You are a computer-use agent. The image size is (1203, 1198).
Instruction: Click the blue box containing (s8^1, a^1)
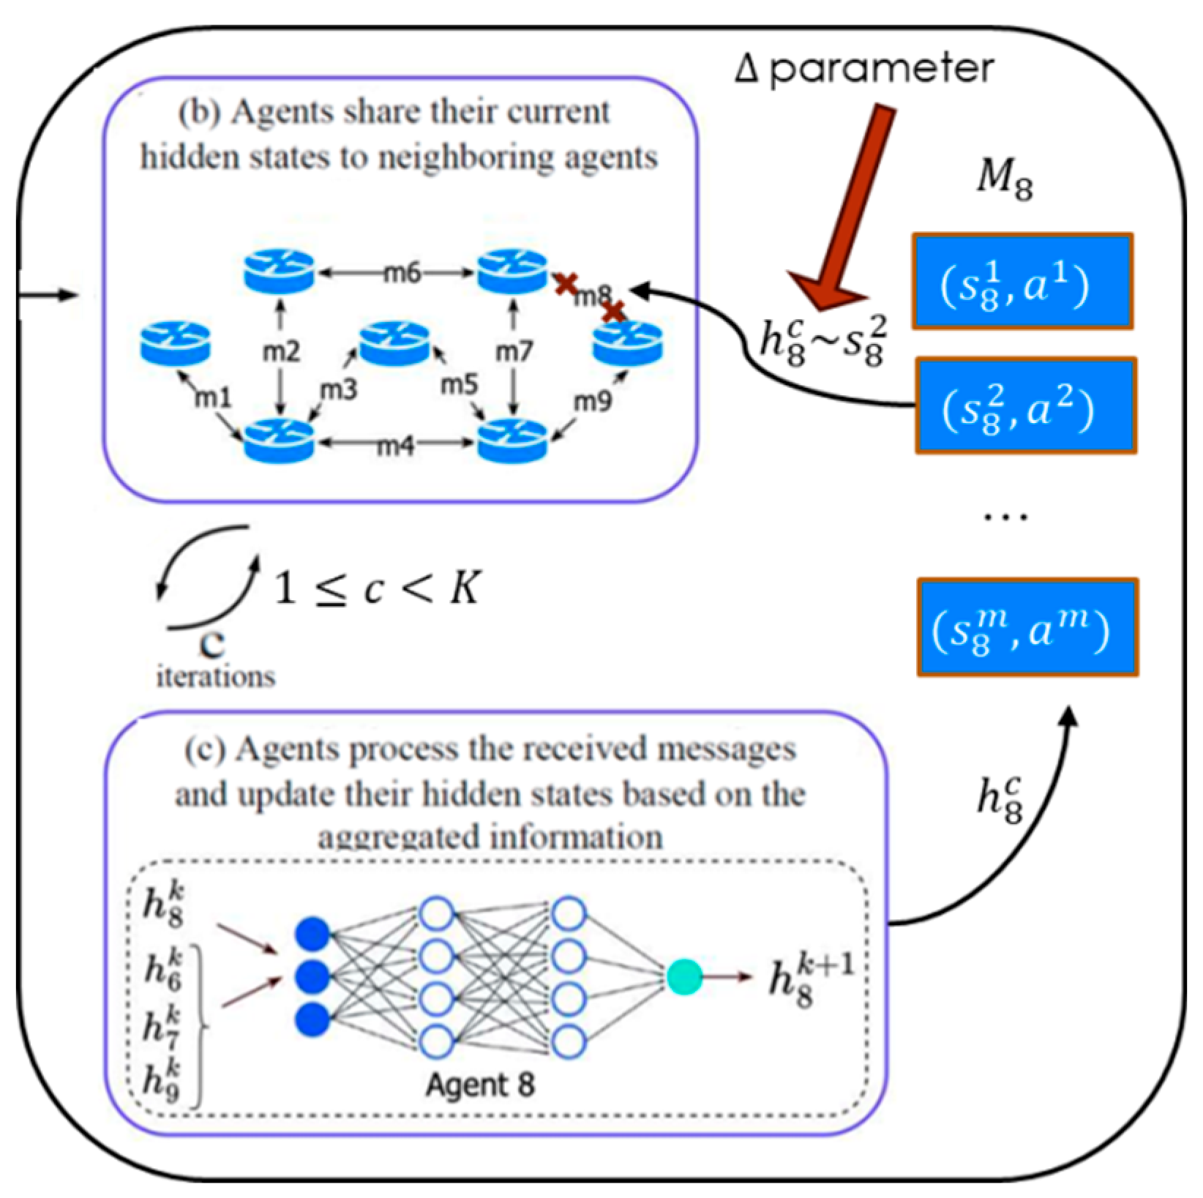1022,281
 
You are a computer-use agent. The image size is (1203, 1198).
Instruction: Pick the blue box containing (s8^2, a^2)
1025,406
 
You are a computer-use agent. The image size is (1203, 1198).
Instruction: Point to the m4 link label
395,445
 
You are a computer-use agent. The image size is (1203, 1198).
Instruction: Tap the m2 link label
280,352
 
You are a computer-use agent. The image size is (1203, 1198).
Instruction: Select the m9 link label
592,401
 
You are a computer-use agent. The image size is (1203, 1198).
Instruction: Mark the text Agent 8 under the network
480,1084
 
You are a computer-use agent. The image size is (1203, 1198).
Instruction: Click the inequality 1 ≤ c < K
376,587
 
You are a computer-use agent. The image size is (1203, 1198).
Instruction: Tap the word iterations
216,675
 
